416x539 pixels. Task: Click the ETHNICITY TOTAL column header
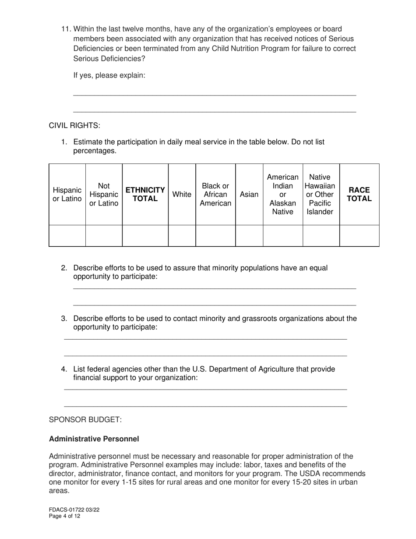[x=145, y=195]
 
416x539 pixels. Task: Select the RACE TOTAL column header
[x=359, y=195]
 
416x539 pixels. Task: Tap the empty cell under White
[x=182, y=236]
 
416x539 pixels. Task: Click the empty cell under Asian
[x=249, y=236]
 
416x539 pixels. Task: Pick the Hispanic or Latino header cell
[x=67, y=195]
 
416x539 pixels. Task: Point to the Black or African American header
[x=215, y=195]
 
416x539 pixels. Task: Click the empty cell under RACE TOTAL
[x=359, y=236]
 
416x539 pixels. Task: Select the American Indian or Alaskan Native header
[x=282, y=195]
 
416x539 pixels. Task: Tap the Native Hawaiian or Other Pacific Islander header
[x=321, y=195]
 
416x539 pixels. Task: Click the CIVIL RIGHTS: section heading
[x=74, y=126]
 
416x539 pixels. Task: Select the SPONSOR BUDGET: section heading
[x=85, y=420]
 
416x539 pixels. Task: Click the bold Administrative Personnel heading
[x=94, y=439]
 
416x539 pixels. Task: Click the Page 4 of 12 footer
[x=64, y=516]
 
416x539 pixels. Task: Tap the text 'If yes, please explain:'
[x=109, y=75]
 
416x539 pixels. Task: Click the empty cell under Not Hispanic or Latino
[x=104, y=236]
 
